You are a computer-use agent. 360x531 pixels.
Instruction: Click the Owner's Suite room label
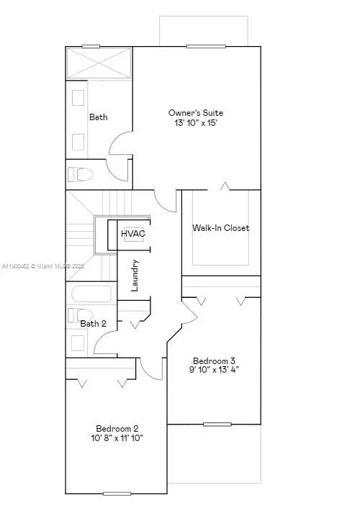click(196, 113)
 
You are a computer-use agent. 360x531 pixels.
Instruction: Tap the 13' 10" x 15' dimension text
click(196, 123)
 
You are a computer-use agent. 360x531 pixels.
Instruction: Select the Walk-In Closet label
click(220, 228)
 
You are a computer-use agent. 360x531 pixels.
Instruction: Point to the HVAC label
click(133, 234)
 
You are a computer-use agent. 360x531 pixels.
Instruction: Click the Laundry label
click(135, 276)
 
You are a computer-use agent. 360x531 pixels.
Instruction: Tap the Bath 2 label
click(93, 324)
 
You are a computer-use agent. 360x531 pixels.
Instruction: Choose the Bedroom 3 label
click(214, 361)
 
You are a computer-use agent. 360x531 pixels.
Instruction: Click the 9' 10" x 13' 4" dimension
click(214, 369)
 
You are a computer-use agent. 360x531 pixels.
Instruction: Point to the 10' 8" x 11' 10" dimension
click(117, 438)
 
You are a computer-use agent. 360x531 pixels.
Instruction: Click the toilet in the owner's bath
click(81, 174)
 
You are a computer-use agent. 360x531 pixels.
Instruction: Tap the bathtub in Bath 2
click(91, 294)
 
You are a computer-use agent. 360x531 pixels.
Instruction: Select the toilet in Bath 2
click(81, 315)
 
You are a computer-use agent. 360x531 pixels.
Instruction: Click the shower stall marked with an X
click(99, 63)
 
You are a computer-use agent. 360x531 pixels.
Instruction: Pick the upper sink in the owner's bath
click(78, 98)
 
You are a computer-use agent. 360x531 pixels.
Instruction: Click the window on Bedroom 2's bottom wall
click(117, 494)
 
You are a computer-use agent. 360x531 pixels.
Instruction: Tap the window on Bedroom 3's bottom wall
click(217, 425)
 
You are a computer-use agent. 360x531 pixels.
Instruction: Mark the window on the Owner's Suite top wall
click(206, 46)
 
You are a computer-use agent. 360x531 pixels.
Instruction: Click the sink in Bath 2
click(78, 343)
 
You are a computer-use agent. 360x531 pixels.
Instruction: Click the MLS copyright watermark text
click(43, 266)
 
